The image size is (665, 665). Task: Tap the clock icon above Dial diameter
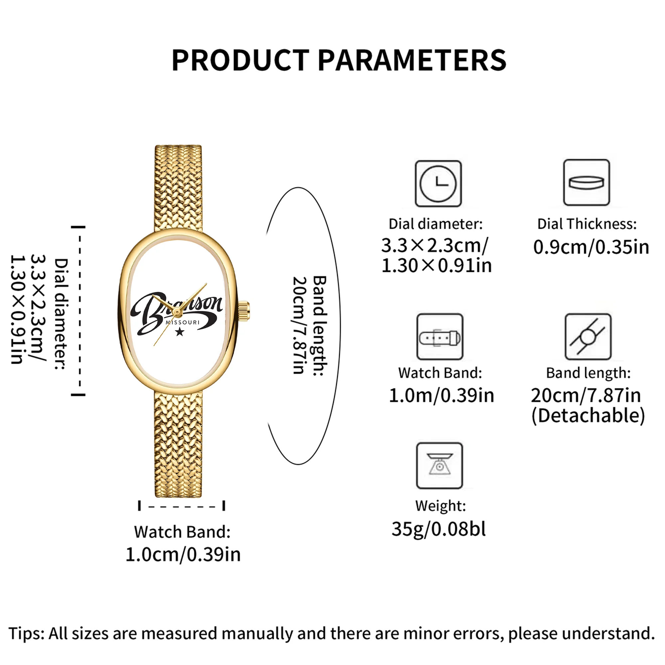(438, 184)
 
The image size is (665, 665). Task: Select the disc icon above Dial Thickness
(587, 183)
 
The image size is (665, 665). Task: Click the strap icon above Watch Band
(440, 336)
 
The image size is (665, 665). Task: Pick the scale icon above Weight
(440, 466)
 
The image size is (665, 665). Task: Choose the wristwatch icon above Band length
(588, 336)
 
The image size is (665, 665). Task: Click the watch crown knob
(244, 311)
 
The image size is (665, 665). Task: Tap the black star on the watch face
(180, 332)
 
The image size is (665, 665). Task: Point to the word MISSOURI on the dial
(183, 323)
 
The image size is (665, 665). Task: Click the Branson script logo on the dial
(177, 312)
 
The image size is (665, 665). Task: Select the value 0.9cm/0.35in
(591, 247)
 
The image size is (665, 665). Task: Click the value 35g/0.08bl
(439, 529)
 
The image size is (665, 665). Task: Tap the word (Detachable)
(588, 415)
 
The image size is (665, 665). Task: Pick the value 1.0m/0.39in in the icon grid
(441, 395)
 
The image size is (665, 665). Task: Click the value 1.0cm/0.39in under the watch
(183, 555)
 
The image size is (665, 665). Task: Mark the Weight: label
(440, 506)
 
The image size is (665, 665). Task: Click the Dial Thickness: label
(587, 224)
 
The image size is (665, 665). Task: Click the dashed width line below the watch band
(182, 506)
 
